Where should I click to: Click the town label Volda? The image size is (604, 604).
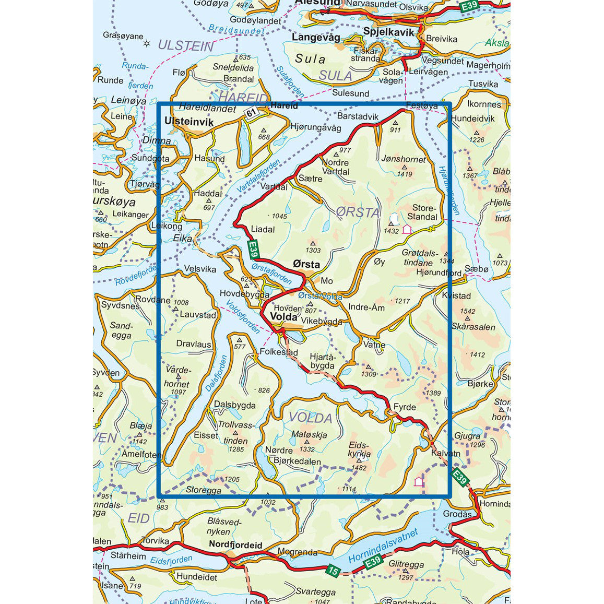click(x=283, y=317)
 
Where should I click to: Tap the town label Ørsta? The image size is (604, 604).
click(x=306, y=265)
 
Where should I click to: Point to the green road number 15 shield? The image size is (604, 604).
click(x=332, y=571)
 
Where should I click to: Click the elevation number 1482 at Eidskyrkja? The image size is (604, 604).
click(x=359, y=468)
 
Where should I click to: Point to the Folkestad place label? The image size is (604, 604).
click(x=278, y=352)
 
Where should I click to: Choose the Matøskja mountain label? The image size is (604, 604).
click(x=309, y=434)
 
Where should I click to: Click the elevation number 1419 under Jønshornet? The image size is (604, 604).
click(x=405, y=174)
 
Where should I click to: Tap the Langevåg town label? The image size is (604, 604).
click(x=316, y=38)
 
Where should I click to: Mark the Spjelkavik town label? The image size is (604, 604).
click(x=388, y=32)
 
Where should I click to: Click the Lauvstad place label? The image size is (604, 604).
click(x=198, y=315)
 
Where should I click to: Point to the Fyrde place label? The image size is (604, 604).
click(x=405, y=407)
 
